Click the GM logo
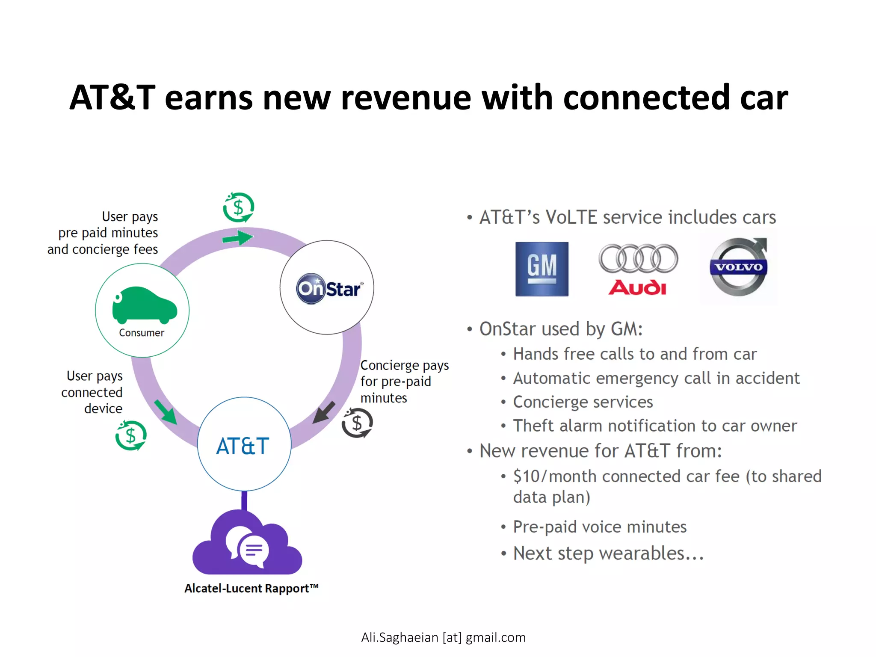tap(542, 269)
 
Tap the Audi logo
tap(638, 269)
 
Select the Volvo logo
tap(739, 267)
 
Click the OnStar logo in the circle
tap(328, 289)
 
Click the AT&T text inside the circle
tap(243, 446)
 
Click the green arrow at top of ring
tap(238, 237)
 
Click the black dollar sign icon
tap(357, 423)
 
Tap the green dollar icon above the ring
tap(238, 207)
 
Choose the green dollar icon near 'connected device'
tap(131, 436)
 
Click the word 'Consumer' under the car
tap(142, 333)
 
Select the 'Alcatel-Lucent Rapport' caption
tap(252, 589)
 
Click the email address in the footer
tap(443, 637)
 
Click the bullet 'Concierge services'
tap(583, 402)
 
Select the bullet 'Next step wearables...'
tap(608, 553)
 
